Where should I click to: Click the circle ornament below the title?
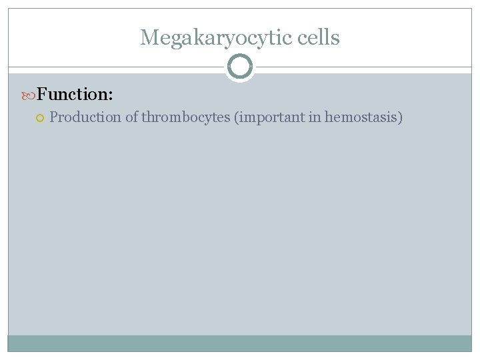240,67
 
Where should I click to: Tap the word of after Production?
131,117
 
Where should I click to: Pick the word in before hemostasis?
315,117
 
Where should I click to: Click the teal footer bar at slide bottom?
240,343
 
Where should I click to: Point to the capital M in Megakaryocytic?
148,38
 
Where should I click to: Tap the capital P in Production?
54,117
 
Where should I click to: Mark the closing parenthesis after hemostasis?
401,118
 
